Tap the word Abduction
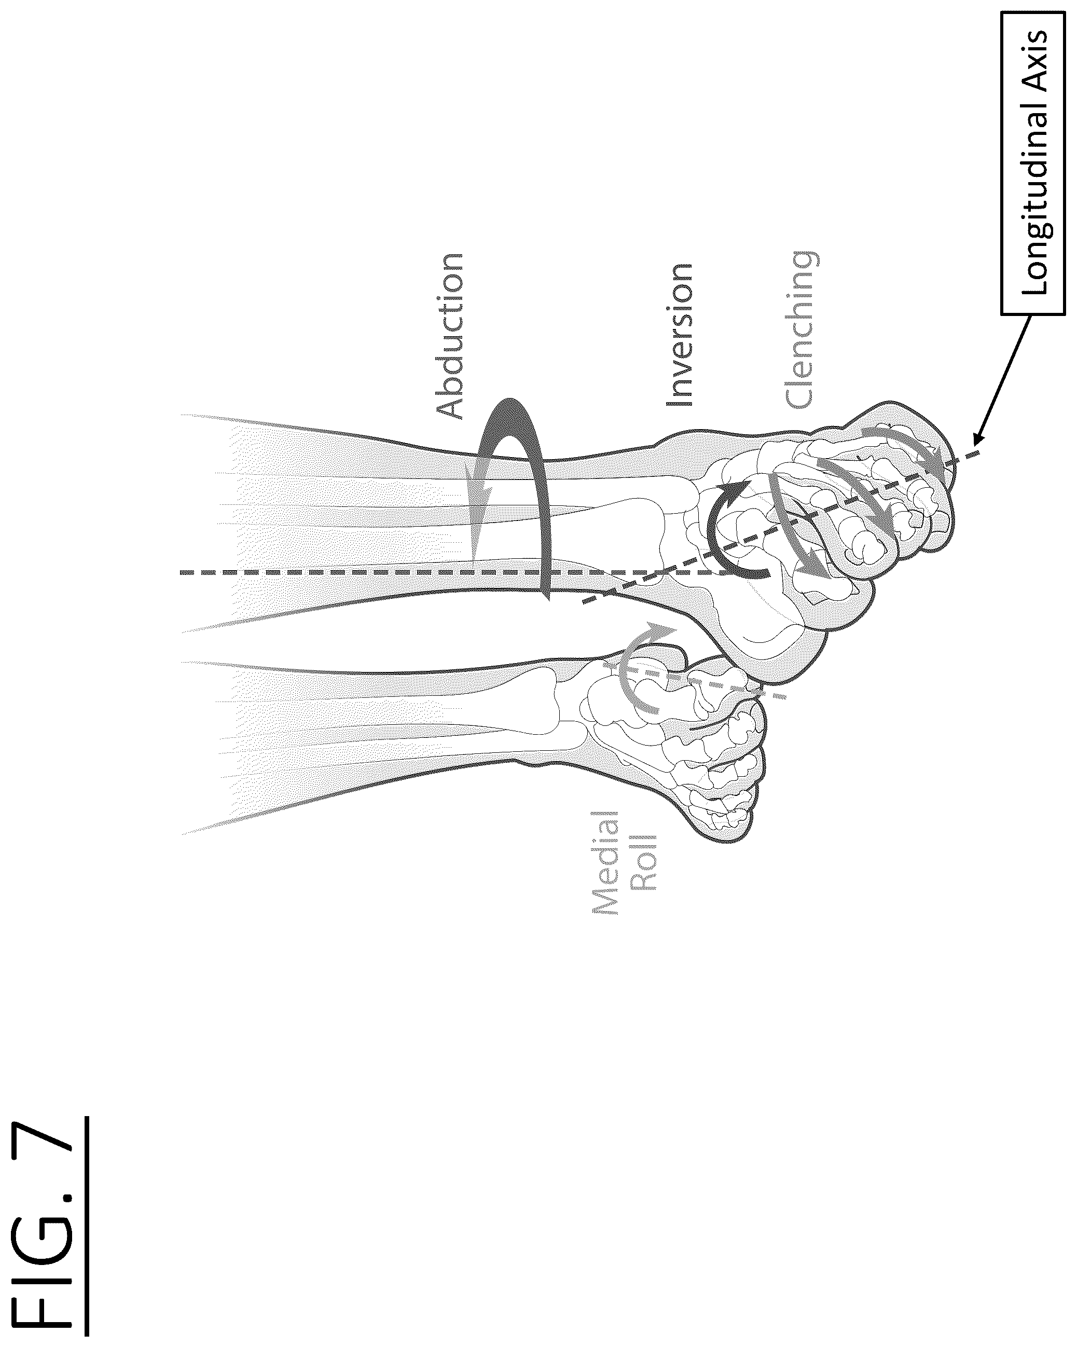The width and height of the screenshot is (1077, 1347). click(x=449, y=336)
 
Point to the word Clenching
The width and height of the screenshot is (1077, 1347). click(x=800, y=331)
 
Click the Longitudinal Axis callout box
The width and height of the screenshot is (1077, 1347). click(x=1033, y=172)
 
